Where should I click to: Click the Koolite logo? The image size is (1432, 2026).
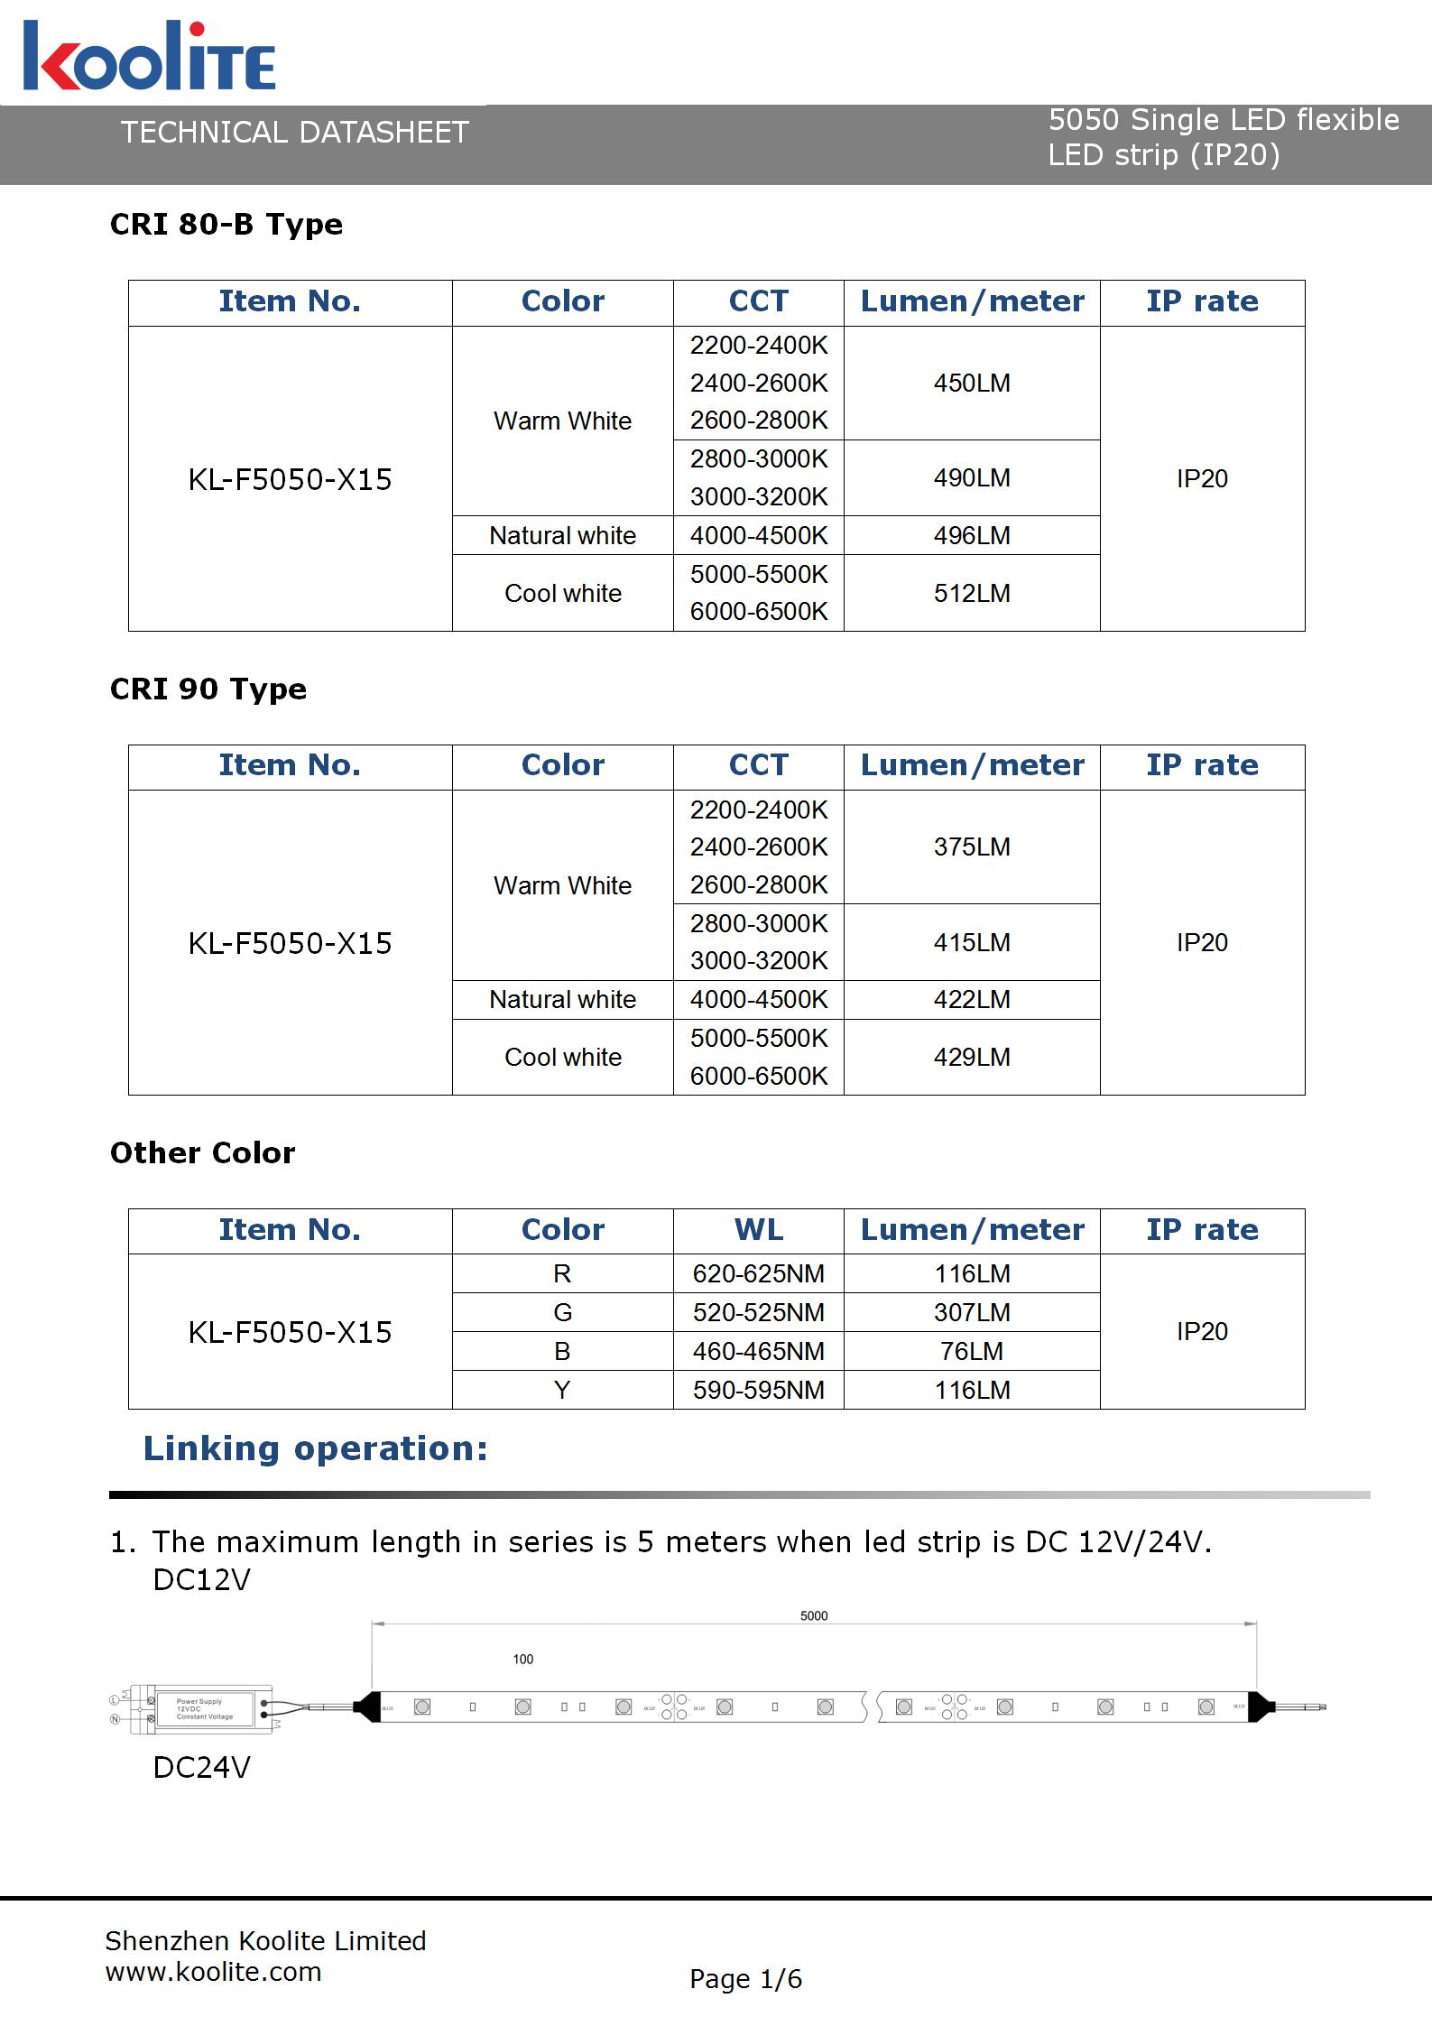pos(149,56)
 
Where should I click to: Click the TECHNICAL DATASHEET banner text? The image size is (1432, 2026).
pos(294,133)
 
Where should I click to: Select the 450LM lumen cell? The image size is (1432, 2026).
pos(972,383)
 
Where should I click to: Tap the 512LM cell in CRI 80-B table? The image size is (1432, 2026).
pos(972,593)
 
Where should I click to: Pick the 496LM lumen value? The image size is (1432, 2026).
pos(972,535)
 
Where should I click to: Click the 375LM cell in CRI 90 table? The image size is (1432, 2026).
pos(972,846)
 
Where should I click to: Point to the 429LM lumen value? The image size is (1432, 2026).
pos(972,1057)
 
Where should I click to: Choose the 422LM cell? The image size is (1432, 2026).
pos(972,999)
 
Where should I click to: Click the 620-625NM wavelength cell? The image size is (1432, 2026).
pos(758,1273)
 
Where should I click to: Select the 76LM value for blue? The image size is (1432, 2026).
pos(972,1351)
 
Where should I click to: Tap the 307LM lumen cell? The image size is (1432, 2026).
pos(972,1312)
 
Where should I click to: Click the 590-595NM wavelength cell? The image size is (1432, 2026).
pos(758,1390)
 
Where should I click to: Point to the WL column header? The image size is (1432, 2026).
pos(758,1230)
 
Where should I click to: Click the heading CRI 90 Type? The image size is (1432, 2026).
pos(208,689)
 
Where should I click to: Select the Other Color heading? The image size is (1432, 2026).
pos(202,1153)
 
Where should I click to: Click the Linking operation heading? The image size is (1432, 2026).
pos(315,1448)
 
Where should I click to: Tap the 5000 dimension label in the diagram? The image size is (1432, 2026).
pos(814,1615)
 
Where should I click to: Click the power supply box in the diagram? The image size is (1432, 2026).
pos(204,1708)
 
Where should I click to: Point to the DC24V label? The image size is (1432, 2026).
pos(201,1768)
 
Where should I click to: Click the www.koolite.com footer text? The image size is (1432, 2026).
pos(213,1972)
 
